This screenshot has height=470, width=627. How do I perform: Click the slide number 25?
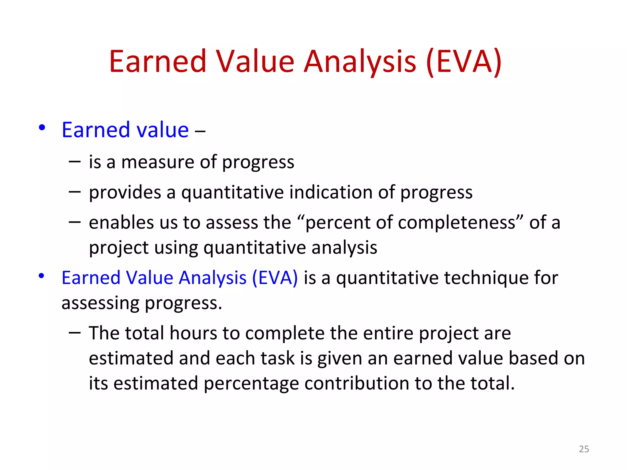click(x=584, y=449)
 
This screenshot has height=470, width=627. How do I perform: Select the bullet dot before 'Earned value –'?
click(x=42, y=127)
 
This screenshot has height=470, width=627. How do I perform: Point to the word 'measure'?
click(x=158, y=162)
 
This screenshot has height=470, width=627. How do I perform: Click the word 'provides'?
click(x=125, y=193)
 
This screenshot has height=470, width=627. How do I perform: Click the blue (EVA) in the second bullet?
click(x=275, y=278)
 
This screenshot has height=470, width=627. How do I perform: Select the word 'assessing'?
click(x=100, y=304)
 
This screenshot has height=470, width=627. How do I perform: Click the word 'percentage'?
click(x=251, y=384)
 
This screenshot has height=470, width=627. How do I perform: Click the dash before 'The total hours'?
click(x=75, y=332)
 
